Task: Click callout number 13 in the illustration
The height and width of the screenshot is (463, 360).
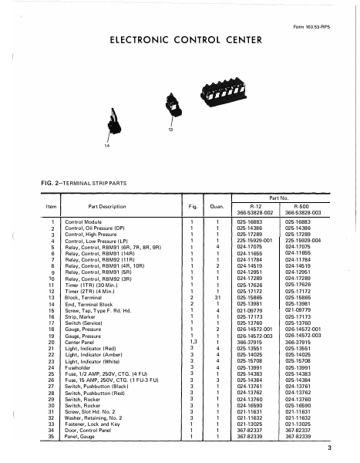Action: [170, 130]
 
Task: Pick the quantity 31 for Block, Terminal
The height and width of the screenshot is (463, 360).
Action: [217, 296]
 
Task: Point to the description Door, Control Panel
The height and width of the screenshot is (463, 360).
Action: [90, 429]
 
